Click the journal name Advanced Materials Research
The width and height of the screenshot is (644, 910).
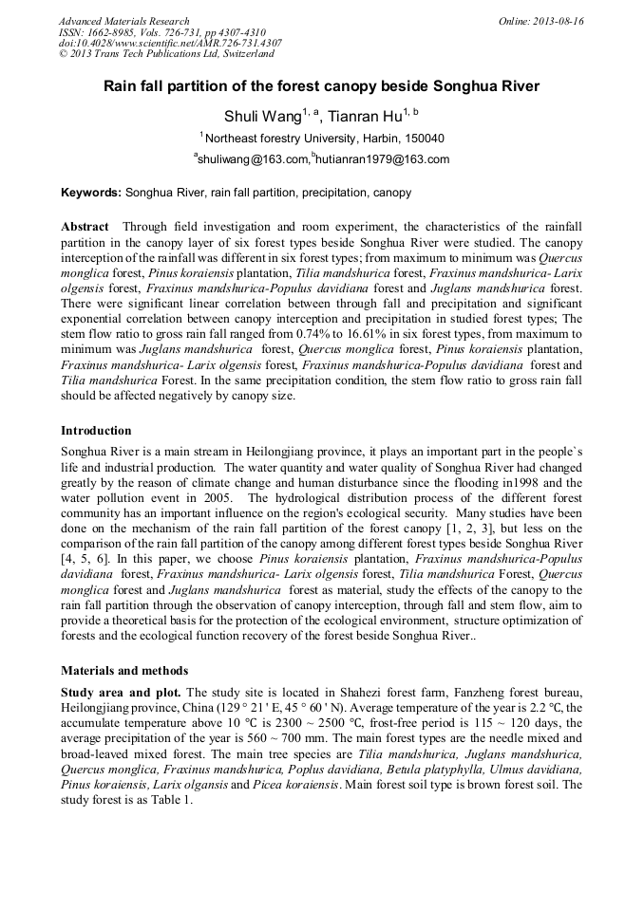(x=123, y=21)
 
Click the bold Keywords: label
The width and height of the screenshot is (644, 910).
(x=91, y=193)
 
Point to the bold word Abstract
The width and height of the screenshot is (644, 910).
(x=85, y=228)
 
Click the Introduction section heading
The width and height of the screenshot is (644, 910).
(x=96, y=431)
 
